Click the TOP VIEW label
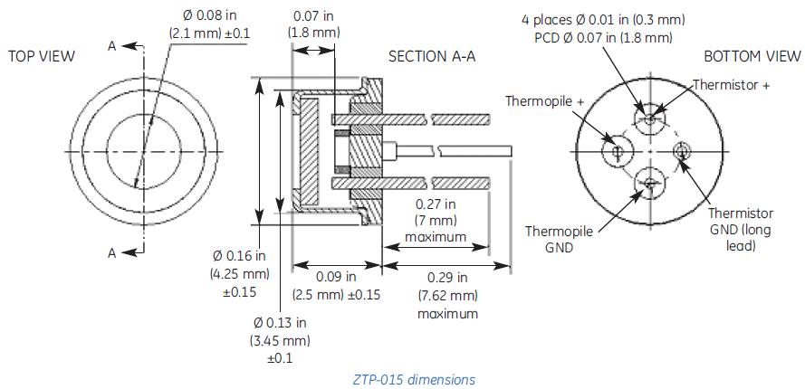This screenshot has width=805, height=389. pos(41,56)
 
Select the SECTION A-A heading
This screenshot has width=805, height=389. pos(432,56)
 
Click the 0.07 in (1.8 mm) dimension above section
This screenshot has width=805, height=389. pos(314,24)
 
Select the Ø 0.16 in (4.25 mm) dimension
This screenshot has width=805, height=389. pos(240,273)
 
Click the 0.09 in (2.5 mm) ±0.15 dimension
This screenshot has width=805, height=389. pos(336,285)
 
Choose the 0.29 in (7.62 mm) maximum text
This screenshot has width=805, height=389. pos(447,295)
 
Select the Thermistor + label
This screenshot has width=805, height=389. pos(731,84)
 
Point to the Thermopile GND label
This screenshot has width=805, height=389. pos(559,239)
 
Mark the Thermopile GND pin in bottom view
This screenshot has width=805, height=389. pos(649,184)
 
